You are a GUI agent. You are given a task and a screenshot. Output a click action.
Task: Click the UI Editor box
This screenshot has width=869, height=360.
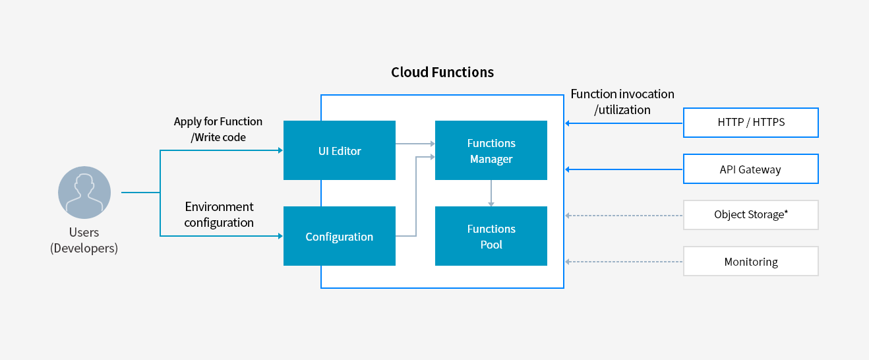point(340,150)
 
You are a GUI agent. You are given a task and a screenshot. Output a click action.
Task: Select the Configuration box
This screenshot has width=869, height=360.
point(340,236)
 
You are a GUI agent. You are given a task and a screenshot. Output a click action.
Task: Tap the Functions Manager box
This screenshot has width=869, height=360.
point(491,150)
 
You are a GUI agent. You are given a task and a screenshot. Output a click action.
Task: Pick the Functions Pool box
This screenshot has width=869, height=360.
point(491,236)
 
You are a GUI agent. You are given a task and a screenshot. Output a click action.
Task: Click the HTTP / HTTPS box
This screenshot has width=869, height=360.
point(751,123)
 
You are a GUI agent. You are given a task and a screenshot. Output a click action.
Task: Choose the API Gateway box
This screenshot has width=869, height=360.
point(751,169)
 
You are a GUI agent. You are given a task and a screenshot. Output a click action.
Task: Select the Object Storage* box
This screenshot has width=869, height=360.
point(751,215)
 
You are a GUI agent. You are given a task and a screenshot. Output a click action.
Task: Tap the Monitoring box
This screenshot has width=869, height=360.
point(751,261)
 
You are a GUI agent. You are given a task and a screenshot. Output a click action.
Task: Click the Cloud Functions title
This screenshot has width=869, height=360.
point(442,72)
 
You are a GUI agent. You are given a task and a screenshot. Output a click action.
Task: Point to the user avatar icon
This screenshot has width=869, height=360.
point(84,193)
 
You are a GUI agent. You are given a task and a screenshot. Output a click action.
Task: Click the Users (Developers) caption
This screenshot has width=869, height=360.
point(84,240)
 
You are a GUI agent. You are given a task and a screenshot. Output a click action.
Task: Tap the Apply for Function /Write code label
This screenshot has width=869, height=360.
point(218,129)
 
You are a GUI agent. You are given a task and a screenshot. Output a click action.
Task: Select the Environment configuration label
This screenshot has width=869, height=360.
point(219,214)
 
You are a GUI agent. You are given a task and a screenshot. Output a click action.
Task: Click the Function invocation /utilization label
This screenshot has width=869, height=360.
point(622,102)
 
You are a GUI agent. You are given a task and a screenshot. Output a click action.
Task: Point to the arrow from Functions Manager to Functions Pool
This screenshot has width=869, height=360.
point(491,193)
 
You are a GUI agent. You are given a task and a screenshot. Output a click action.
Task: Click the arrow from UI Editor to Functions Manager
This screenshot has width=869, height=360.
point(415,144)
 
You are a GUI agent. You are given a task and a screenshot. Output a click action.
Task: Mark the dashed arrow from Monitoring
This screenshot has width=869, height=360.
point(624,262)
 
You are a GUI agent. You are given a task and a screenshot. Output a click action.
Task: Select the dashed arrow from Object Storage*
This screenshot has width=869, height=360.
point(624,216)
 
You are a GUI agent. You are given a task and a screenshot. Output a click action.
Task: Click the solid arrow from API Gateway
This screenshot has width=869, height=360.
point(624,169)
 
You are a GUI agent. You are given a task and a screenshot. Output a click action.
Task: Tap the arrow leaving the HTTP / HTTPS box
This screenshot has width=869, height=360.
point(624,123)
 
